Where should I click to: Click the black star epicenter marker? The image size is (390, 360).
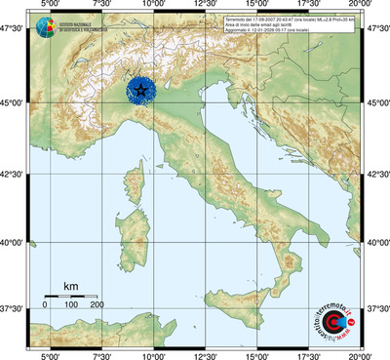(x=142, y=92)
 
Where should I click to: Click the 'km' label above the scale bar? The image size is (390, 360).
(x=70, y=286)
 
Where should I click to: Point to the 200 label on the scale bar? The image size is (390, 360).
(x=97, y=305)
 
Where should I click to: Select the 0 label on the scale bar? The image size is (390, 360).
(x=45, y=305)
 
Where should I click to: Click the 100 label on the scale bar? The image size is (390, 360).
(x=71, y=305)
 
